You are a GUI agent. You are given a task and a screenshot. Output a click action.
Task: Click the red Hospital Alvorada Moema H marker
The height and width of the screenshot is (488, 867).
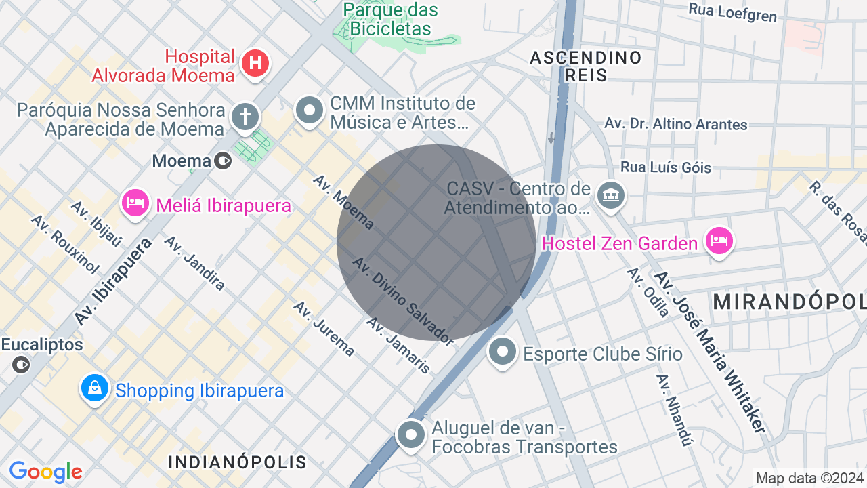255,64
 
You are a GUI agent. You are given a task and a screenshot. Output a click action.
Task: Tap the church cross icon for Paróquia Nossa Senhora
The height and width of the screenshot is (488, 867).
245,117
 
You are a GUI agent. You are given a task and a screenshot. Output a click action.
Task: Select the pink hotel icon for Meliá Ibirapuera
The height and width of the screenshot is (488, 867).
135,203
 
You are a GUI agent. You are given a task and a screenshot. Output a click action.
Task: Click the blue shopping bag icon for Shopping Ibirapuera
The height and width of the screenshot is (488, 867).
95,388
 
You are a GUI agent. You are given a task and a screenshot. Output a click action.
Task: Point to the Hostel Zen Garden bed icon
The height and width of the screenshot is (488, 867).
719,241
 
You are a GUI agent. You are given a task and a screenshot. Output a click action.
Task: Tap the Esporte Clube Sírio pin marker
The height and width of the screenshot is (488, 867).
503,351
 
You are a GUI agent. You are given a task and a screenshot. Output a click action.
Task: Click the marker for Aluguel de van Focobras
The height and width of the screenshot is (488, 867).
410,435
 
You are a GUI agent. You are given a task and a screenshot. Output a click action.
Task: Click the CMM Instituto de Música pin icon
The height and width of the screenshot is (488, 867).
310,110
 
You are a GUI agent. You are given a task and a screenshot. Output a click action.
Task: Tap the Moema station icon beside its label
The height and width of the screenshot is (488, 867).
222,161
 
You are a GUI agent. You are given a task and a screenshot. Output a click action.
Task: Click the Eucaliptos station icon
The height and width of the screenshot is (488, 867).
21,365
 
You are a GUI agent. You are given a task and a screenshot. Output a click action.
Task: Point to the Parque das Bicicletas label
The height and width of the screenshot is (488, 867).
390,19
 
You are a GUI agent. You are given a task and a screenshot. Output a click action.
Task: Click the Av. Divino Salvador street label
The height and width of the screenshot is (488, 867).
404,301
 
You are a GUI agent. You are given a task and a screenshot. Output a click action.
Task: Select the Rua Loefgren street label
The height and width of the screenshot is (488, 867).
732,12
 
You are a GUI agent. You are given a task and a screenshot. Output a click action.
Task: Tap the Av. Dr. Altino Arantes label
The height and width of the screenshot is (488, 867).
676,124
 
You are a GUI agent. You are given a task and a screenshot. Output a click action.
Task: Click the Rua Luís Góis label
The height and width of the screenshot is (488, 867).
666,167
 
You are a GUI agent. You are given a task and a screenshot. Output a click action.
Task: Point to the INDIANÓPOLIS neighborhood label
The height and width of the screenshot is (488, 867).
237,462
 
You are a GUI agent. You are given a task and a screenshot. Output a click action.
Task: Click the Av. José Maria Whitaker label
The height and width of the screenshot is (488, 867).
711,352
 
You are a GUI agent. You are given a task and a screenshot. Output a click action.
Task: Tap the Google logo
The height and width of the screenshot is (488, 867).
45,472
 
